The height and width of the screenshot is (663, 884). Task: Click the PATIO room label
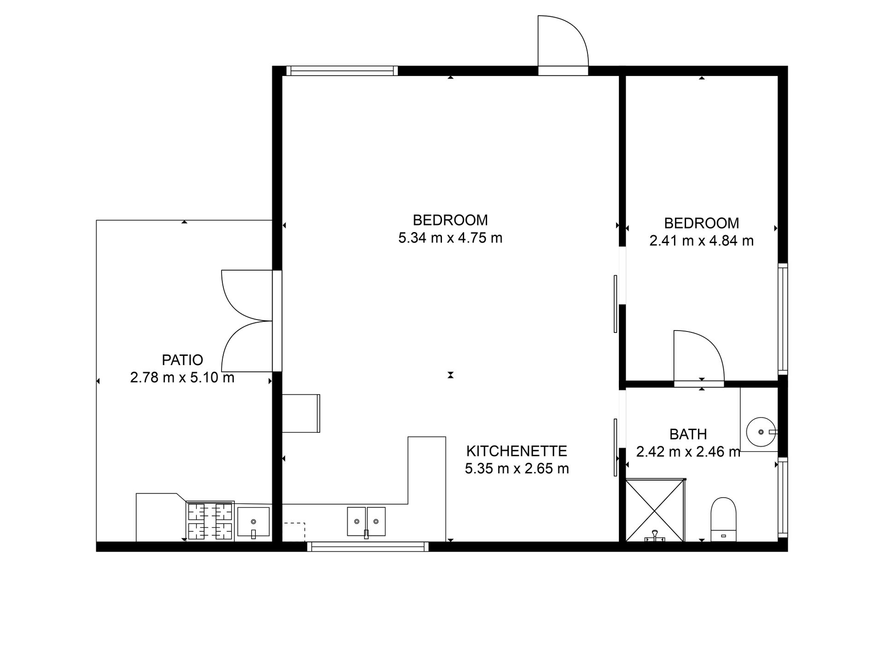[x=182, y=360]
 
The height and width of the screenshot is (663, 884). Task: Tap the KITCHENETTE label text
[x=517, y=451]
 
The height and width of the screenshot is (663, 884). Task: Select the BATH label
[x=688, y=434]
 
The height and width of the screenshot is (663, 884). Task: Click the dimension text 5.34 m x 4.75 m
[x=450, y=238]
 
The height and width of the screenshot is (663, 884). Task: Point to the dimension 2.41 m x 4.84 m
[x=701, y=241]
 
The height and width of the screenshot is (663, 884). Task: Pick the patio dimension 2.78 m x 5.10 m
[x=182, y=378]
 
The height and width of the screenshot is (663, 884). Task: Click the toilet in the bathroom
[x=723, y=519]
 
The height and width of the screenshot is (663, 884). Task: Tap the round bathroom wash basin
[x=761, y=432]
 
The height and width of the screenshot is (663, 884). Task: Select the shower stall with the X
[x=655, y=511]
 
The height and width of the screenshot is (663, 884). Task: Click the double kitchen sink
[x=366, y=522]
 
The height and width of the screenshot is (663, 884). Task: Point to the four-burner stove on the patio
[x=210, y=521]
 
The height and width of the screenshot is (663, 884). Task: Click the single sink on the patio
[x=253, y=523]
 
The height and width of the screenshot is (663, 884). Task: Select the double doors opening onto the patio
[x=247, y=321]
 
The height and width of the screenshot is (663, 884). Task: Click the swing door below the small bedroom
[x=699, y=356]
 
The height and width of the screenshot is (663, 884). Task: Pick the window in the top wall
[x=342, y=71]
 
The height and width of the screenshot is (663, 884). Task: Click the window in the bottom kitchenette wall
[x=368, y=547]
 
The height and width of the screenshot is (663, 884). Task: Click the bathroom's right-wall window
[x=783, y=498]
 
